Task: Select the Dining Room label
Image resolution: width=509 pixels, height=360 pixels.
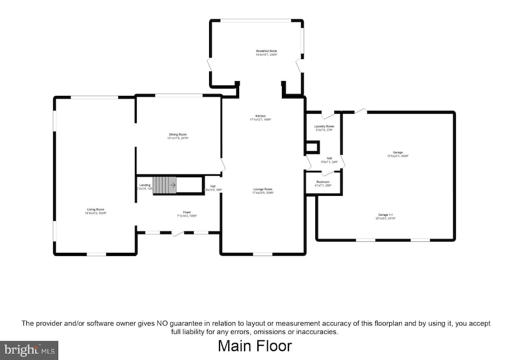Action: point(177,135)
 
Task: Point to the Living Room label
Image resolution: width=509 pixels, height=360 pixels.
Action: point(95,210)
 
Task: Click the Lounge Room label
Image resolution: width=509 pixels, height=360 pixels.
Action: point(262,189)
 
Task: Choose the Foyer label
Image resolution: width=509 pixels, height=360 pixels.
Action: point(187,212)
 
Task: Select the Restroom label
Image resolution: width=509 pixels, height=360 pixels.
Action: point(323,182)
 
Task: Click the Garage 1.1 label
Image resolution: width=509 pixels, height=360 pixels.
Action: point(385,214)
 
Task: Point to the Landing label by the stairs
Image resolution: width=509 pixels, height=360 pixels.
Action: point(144,185)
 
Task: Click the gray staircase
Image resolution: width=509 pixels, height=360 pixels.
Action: point(165,185)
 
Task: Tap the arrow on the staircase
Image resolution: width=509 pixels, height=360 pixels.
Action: point(172,185)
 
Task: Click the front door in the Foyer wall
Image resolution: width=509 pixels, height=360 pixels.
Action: point(178,234)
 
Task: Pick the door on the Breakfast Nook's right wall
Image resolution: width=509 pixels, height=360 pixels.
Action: point(299,66)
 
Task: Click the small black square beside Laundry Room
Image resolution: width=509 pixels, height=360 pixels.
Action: point(312,147)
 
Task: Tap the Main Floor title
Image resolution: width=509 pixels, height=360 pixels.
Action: point(255,346)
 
